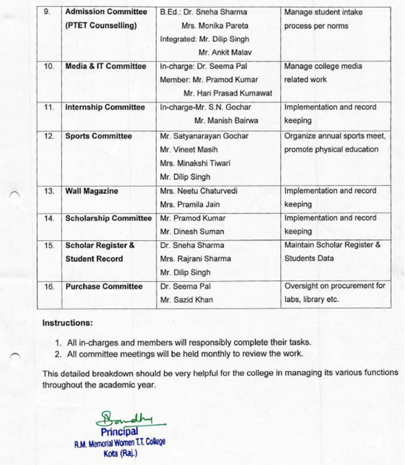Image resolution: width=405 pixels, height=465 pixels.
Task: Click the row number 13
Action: (x=49, y=191)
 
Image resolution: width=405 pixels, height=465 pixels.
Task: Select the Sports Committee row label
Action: (x=98, y=136)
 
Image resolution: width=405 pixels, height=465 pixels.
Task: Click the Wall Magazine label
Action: (x=91, y=191)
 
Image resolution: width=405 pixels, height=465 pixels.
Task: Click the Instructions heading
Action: (x=67, y=323)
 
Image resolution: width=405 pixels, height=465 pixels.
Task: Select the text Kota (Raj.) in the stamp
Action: (x=120, y=453)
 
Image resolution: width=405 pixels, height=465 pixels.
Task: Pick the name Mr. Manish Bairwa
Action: (x=226, y=121)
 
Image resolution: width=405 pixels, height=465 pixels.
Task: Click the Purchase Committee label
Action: (x=104, y=286)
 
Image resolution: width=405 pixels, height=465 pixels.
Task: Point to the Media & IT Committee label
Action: (x=106, y=66)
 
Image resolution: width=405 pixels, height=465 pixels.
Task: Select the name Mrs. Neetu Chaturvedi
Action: (x=198, y=191)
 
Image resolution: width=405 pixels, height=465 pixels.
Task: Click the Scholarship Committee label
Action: (x=108, y=218)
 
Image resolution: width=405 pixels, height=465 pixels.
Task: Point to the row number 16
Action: (x=49, y=286)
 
